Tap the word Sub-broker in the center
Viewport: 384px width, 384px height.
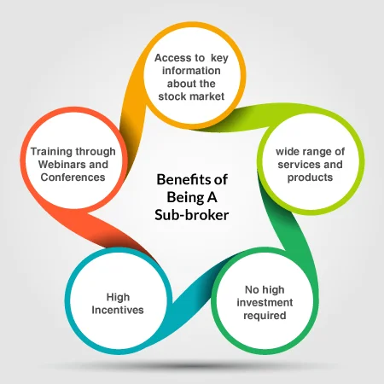pos(192,215)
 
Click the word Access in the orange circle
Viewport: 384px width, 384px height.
pos(172,58)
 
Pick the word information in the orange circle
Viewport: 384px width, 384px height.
pos(191,71)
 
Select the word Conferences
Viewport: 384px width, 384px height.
pos(73,177)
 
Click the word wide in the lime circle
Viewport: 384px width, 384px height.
pos(287,152)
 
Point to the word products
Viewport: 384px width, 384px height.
pos(310,177)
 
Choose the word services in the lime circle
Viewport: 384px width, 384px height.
pos(297,165)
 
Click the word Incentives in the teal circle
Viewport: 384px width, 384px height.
pos(118,310)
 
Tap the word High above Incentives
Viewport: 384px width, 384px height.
pos(118,297)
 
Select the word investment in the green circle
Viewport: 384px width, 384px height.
pos(265,302)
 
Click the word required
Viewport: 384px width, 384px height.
pos(265,316)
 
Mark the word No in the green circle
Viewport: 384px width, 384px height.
pos(252,289)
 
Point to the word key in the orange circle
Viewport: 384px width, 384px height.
pos(219,58)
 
